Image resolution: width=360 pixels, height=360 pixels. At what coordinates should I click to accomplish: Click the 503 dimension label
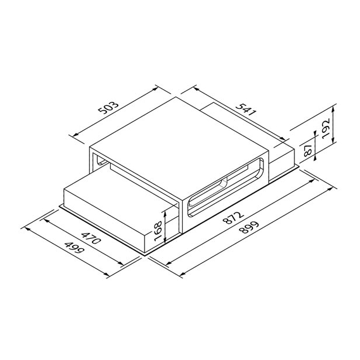pyautogui.click(x=108, y=108)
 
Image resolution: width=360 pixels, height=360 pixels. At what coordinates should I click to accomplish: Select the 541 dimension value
pyautogui.click(x=246, y=109)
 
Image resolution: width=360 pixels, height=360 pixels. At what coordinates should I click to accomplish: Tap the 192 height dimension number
pyautogui.click(x=325, y=128)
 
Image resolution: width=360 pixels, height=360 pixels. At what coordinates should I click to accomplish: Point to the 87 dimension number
pyautogui.click(x=307, y=150)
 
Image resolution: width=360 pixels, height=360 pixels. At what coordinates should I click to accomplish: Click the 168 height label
pyautogui.click(x=158, y=231)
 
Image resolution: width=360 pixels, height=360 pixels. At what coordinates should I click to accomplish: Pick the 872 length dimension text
pyautogui.click(x=233, y=218)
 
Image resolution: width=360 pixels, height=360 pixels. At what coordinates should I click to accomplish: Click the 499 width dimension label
pyautogui.click(x=74, y=248)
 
